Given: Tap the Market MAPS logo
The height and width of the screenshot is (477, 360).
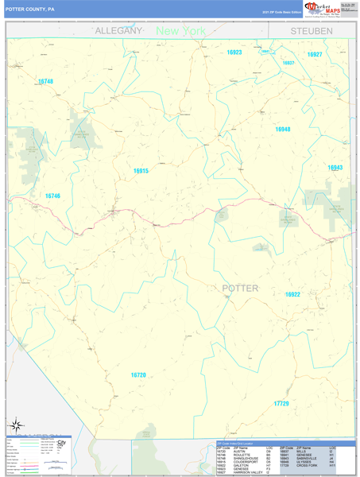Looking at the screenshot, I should pyautogui.click(x=321, y=9).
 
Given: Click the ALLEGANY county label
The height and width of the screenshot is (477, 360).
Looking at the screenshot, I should pyautogui.click(x=118, y=30).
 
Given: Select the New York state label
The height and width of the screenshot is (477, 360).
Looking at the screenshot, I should pyautogui.click(x=180, y=31).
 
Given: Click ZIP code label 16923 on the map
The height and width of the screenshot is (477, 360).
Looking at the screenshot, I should pyautogui.click(x=234, y=52).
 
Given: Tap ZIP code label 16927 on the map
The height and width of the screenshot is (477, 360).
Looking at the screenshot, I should pyautogui.click(x=315, y=54).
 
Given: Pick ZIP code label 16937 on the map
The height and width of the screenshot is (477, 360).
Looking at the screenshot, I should pyautogui.click(x=288, y=63).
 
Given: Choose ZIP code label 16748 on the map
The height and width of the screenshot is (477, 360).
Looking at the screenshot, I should pyautogui.click(x=45, y=82).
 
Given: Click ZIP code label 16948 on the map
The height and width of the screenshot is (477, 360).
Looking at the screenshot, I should pyautogui.click(x=283, y=129).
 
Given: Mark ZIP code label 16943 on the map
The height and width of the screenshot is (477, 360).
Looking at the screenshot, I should pyautogui.click(x=335, y=168).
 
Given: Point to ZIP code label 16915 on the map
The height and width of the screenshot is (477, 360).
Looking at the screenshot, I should pyautogui.click(x=141, y=171).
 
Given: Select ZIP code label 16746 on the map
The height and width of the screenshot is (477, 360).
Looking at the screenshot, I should pyautogui.click(x=52, y=196).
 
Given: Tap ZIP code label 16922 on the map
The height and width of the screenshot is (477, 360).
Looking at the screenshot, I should pyautogui.click(x=292, y=294).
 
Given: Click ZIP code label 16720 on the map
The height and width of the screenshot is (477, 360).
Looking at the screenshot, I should pyautogui.click(x=138, y=374).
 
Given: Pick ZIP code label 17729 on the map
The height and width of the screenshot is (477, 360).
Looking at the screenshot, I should pyautogui.click(x=281, y=404).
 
